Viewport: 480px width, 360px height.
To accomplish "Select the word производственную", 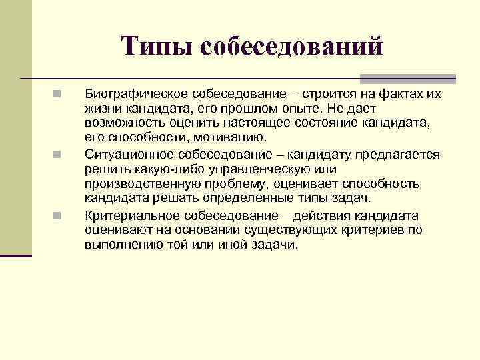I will pyautogui.click(x=139, y=185).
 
